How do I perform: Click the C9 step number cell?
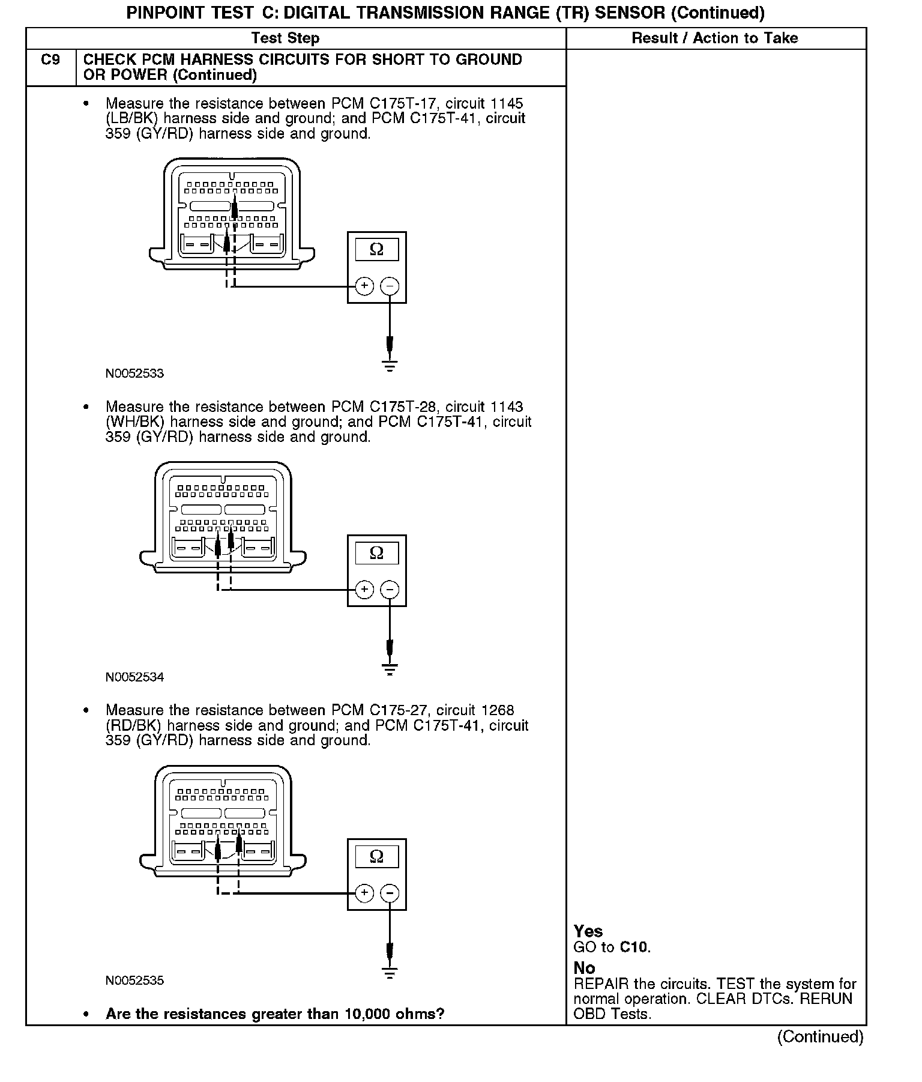coord(50,61)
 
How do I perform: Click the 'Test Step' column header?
coord(285,38)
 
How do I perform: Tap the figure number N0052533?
coord(134,373)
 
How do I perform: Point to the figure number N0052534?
coord(134,677)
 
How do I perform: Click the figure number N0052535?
coord(134,981)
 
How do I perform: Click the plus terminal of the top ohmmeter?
coord(364,286)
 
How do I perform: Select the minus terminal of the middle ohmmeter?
coord(390,590)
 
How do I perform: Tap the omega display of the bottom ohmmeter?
coord(376,856)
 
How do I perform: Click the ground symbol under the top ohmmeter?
coord(390,365)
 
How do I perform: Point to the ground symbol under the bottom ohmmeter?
coord(390,972)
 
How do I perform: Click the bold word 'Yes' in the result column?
coord(588,931)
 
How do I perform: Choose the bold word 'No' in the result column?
coord(584,968)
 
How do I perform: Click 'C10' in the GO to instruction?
coord(634,948)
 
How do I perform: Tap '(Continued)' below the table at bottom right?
coord(820,1037)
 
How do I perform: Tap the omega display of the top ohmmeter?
coord(376,249)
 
